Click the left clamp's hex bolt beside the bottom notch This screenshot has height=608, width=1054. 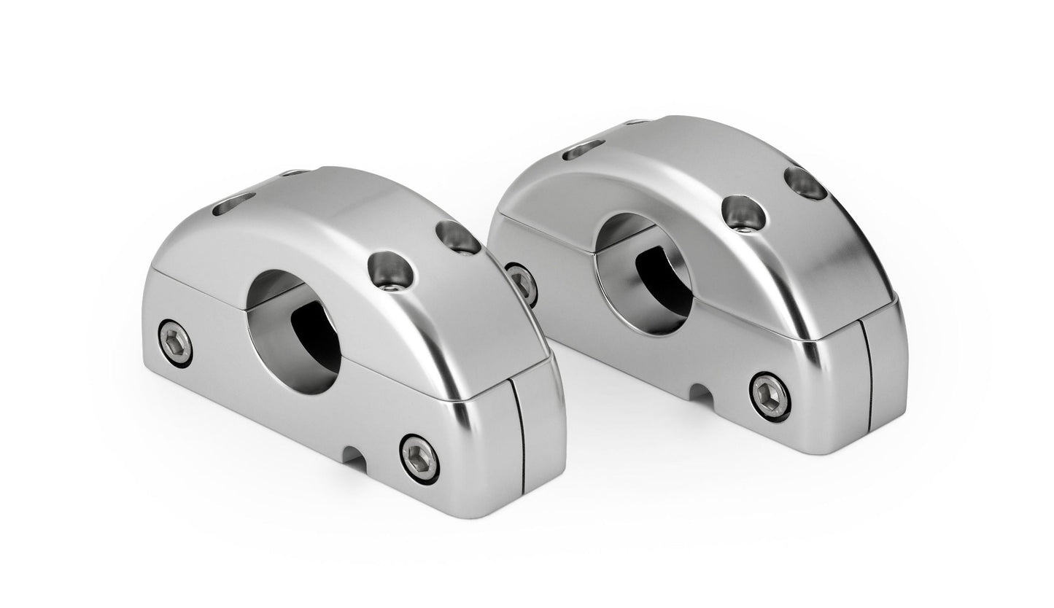pos(419,459)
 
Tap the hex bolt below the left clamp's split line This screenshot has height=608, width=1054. pos(175,340)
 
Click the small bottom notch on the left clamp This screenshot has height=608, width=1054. pos(355,458)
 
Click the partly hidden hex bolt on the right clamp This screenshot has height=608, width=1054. pos(522,283)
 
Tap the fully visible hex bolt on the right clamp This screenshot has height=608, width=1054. pos(770,395)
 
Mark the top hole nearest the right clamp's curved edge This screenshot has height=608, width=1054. pos(806,183)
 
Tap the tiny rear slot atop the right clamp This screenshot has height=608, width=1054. pos(638,122)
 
